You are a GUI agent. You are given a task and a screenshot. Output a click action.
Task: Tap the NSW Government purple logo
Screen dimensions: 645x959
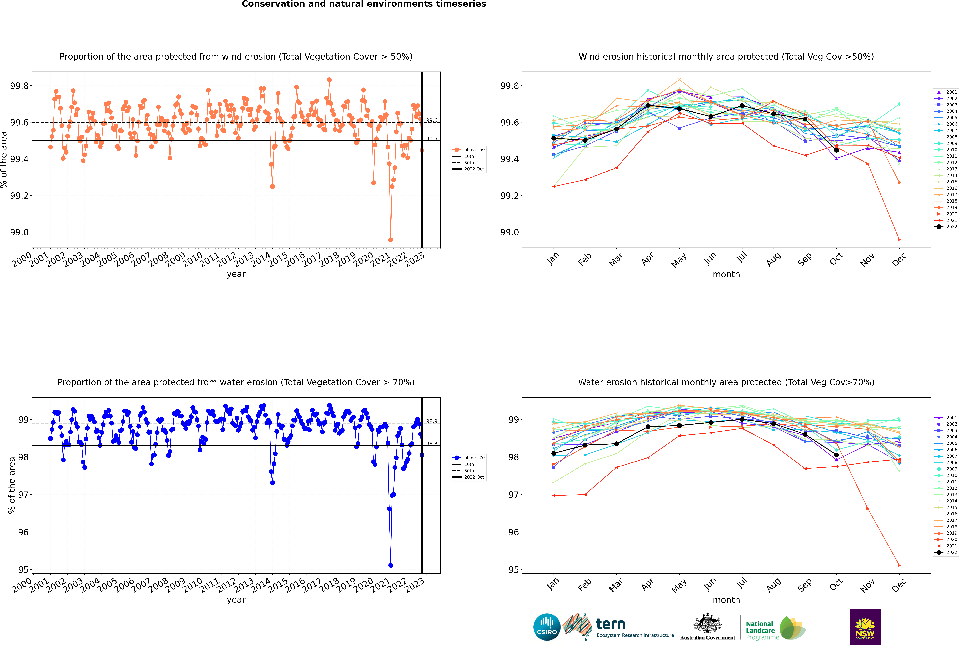point(865,627)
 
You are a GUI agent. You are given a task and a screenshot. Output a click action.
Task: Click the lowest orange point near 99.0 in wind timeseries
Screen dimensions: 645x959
point(391,239)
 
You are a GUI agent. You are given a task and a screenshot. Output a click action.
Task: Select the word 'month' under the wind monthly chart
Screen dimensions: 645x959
point(726,274)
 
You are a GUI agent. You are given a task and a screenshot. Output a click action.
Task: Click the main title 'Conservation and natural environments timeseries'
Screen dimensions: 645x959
point(364,4)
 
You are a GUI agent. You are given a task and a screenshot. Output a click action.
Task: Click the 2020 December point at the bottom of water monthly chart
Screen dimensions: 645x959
point(899,565)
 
